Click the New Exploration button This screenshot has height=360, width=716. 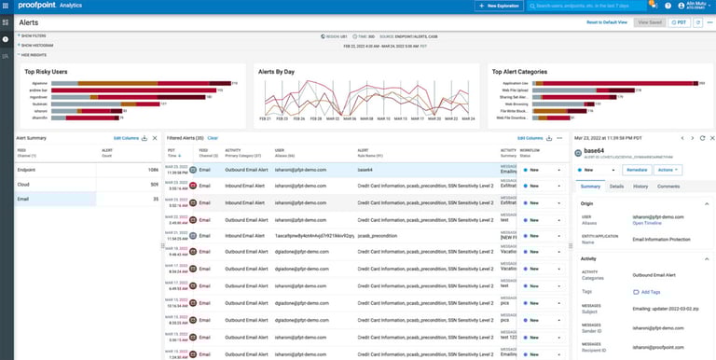499,6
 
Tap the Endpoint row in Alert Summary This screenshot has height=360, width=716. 27,170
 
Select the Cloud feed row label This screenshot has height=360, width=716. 23,185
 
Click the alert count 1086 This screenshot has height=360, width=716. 152,170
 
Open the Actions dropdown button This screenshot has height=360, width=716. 668,170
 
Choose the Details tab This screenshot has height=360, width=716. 616,187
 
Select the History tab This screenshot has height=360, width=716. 640,187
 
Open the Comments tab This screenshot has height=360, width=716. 668,187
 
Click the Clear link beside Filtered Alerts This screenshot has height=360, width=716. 213,137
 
